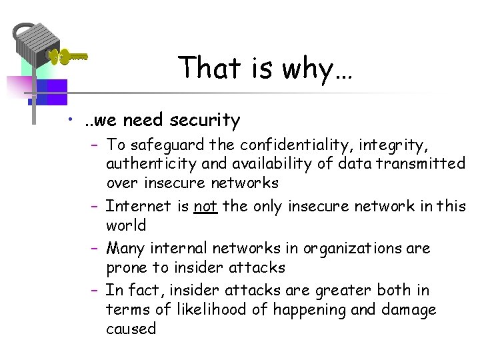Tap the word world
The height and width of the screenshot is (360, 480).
click(126, 225)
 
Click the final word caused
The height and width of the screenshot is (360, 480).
click(131, 329)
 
